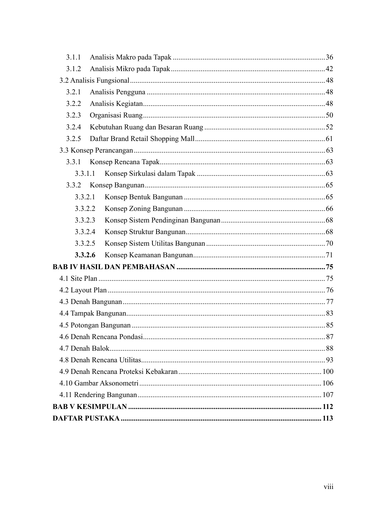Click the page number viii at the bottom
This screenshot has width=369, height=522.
click(329, 487)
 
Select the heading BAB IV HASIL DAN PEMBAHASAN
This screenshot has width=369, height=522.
click(114, 267)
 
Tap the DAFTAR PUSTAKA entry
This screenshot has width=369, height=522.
click(86, 418)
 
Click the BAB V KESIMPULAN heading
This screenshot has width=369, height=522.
click(90, 407)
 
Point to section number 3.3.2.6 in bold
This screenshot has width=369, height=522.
click(85, 255)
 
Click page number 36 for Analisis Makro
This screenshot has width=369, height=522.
click(329, 57)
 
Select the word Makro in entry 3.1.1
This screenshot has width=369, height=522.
click(125, 57)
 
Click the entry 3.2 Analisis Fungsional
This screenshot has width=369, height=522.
click(94, 80)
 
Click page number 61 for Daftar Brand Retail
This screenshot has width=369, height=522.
click(329, 139)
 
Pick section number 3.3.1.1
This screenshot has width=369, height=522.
click(85, 173)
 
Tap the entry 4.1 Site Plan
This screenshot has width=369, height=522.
click(78, 278)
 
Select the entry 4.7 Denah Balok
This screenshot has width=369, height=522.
click(84, 348)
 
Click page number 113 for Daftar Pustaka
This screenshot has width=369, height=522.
click(328, 418)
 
